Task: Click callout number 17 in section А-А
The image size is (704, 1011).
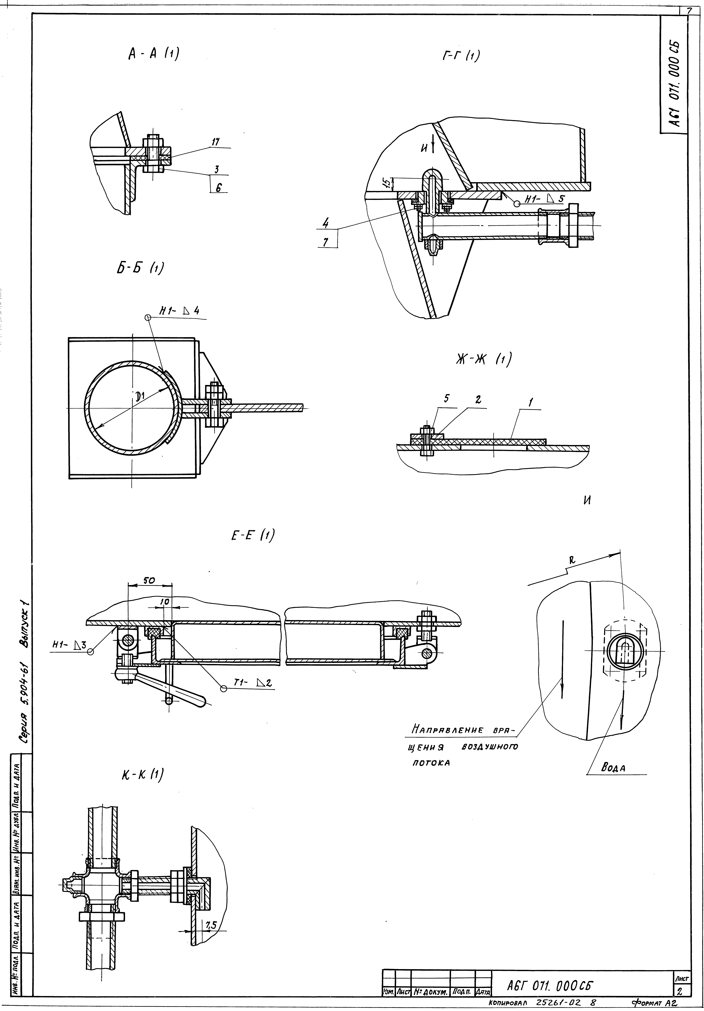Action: pos(215,142)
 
